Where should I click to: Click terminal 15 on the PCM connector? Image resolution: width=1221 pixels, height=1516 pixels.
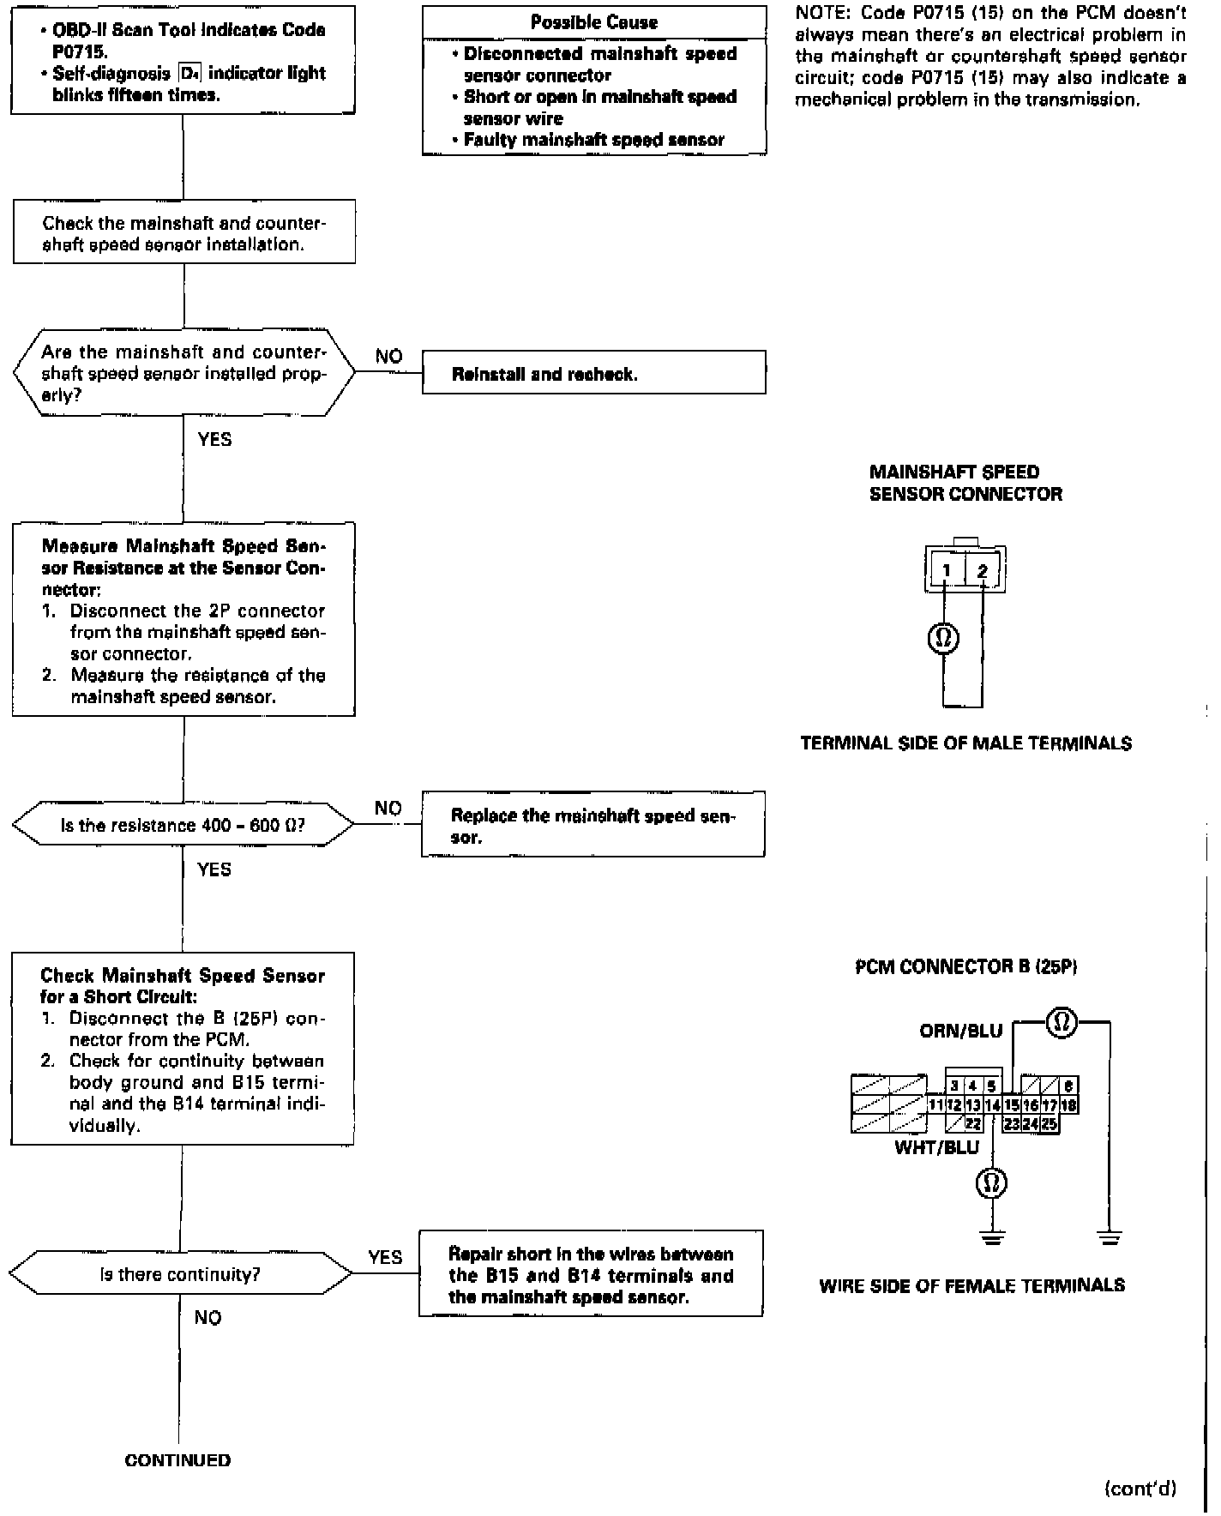click(1012, 1105)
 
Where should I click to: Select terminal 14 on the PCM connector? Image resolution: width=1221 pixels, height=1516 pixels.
click(992, 1105)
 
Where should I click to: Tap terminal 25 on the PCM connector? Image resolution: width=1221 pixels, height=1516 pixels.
click(1050, 1123)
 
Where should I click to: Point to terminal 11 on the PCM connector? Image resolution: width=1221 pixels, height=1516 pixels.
click(936, 1105)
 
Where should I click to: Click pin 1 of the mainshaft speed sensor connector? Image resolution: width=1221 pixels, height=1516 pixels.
click(946, 571)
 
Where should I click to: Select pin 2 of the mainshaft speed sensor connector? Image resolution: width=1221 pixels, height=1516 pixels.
click(983, 571)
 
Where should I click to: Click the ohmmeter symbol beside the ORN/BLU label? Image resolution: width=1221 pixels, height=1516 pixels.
click(1062, 1022)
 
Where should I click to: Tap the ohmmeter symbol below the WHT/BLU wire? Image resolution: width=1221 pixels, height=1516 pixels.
click(991, 1183)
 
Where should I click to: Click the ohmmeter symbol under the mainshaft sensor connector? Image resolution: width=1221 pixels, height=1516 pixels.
click(944, 638)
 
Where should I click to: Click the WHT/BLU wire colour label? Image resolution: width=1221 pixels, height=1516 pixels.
click(936, 1147)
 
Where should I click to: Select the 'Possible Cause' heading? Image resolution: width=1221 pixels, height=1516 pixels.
click(594, 22)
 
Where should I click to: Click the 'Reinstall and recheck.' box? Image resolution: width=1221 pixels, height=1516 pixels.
click(593, 373)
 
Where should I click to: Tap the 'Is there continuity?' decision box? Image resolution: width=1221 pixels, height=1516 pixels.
click(181, 1274)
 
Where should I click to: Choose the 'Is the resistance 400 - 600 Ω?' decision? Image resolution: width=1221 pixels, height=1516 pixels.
click(183, 825)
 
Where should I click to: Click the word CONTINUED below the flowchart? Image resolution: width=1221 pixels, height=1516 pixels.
click(177, 1460)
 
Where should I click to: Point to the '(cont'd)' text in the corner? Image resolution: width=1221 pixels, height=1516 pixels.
click(1140, 1489)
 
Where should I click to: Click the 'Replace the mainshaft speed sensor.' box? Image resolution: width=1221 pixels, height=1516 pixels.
click(592, 825)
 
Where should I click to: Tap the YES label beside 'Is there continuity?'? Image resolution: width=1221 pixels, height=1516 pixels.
click(385, 1257)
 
